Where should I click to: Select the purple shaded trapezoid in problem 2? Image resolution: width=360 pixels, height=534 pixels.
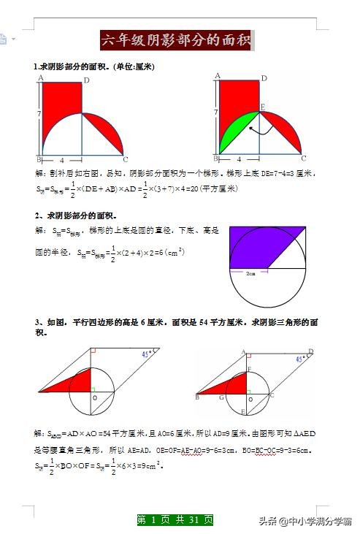pos(259,246)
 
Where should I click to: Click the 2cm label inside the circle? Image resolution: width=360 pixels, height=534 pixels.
pos(250,274)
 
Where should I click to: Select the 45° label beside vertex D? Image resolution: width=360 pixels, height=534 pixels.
pos(301,359)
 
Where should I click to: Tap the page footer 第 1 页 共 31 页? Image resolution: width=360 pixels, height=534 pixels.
pos(175,520)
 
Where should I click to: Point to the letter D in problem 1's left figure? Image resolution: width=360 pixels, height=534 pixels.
pos(86,80)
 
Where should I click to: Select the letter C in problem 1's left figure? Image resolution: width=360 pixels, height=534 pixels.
pos(125,159)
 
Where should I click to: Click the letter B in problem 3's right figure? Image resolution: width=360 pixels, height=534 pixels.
pos(197,397)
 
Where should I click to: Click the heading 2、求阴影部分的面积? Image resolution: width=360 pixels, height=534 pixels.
pos(74,215)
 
